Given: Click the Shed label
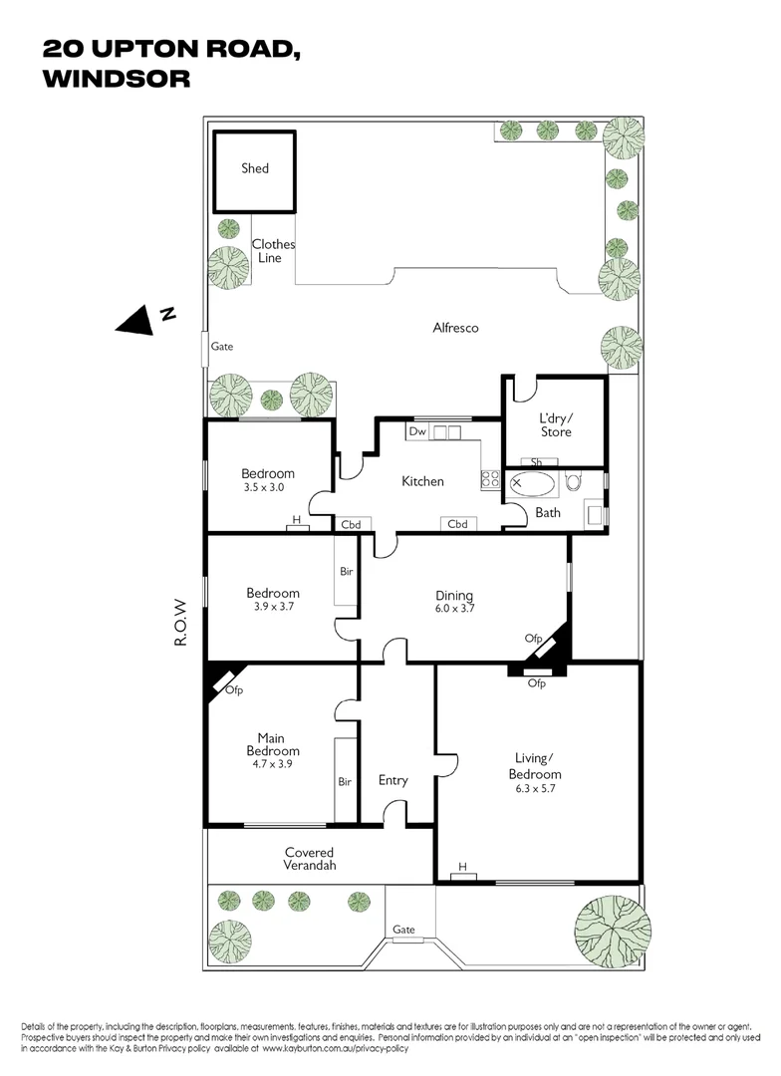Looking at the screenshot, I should coord(255,168).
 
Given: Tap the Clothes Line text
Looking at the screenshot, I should coord(272,251).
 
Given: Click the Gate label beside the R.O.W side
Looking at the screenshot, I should coord(221,347).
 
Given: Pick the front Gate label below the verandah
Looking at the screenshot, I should coord(403,929).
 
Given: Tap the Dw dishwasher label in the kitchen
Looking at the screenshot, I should coord(416,432).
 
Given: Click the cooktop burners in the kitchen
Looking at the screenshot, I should coord(490,479).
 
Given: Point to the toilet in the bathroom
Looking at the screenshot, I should coord(573,483).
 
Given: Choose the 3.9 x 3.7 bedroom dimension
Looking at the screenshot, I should coord(273,606).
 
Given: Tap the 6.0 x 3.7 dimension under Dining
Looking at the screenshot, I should coord(454,609).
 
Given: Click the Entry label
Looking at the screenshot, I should coord(393,780).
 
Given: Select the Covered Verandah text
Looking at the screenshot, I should coord(309,859).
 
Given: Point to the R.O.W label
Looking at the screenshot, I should coord(181,622).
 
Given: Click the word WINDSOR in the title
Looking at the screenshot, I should coord(117,79).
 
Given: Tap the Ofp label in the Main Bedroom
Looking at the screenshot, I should coord(234,690).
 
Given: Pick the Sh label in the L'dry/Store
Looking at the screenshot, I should coord(536,462).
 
